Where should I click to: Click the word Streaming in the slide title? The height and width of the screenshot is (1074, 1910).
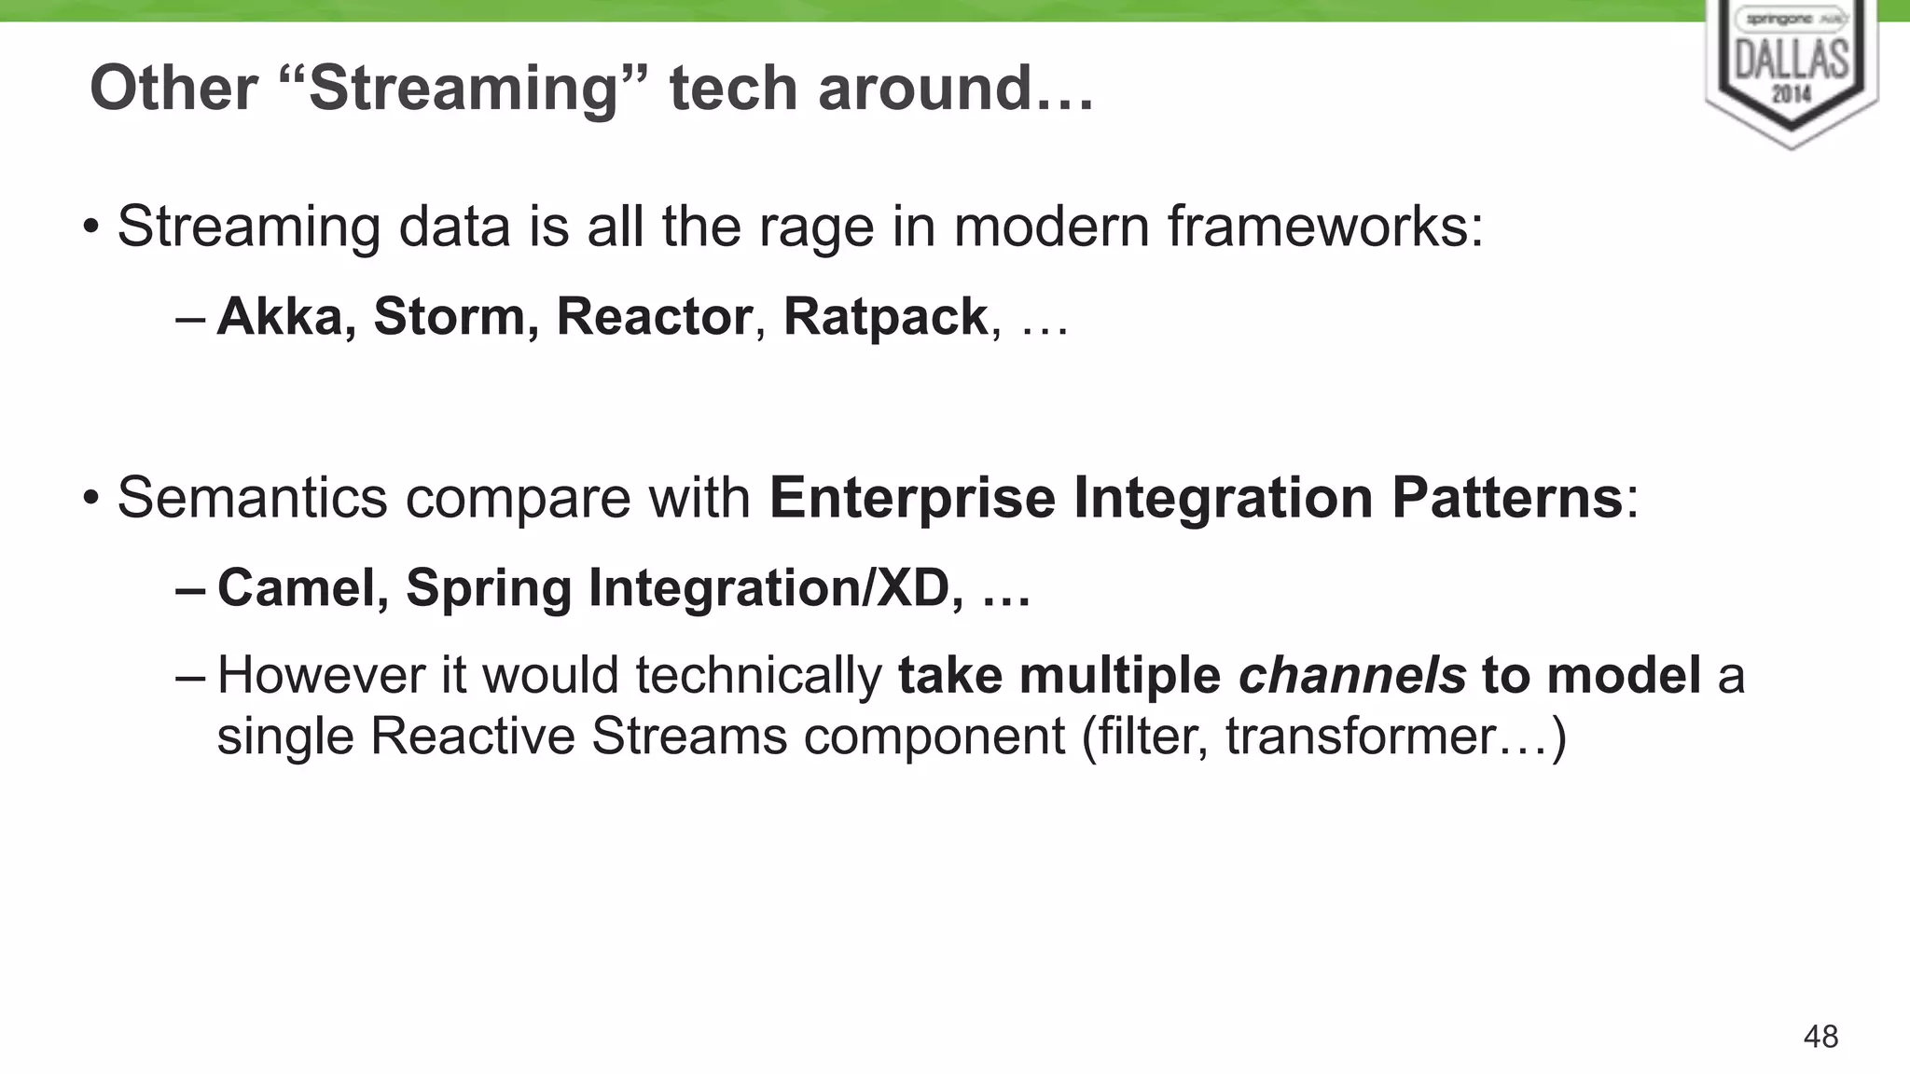pos(464,89)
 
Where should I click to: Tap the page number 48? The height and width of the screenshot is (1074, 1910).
pos(1820,1037)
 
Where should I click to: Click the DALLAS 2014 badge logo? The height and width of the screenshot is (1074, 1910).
pos(1791,70)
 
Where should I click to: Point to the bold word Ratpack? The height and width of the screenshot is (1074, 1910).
pos(885,317)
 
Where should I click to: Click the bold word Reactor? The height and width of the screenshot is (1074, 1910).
pos(654,317)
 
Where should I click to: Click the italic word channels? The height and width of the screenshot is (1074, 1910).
pos(1351,675)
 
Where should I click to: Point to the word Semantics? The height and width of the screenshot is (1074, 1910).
pos(252,498)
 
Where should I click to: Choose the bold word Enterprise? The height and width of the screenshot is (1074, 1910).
pos(912,498)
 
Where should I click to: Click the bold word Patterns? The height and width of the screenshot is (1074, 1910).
pos(1507,498)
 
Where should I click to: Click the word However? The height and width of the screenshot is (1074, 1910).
pos(322,675)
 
